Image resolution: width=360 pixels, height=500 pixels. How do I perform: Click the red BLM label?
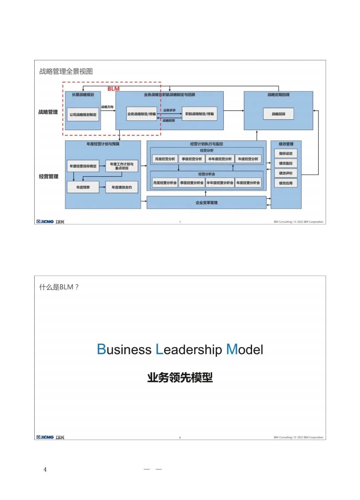(113, 89)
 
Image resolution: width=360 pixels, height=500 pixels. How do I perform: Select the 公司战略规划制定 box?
(83, 115)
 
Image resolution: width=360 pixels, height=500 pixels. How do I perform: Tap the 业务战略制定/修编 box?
(141, 114)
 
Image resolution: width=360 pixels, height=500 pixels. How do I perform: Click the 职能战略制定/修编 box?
(199, 114)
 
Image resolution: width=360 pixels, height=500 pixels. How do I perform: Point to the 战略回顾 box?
(278, 114)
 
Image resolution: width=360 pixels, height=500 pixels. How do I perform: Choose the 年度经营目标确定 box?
(83, 166)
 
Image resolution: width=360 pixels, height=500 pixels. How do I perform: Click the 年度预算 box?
(83, 187)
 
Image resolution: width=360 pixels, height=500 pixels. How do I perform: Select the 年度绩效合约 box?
(122, 187)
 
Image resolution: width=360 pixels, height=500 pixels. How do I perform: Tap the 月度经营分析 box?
(165, 159)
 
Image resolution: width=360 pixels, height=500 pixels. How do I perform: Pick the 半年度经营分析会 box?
(220, 183)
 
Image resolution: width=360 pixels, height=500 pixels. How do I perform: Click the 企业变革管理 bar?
(206, 203)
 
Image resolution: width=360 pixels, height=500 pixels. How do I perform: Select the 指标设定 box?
(286, 153)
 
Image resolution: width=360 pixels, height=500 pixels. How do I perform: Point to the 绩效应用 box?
(286, 183)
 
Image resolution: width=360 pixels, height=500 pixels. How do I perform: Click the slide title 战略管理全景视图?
(66, 71)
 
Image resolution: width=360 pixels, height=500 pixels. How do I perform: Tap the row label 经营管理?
(49, 176)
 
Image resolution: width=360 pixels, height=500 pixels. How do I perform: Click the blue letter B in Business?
(101, 350)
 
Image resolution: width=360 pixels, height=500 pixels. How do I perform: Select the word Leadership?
(189, 350)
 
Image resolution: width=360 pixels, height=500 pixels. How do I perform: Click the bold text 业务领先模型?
(180, 378)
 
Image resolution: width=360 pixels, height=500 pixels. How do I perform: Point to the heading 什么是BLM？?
(59, 287)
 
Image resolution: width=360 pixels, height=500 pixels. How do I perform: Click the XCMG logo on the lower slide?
(45, 437)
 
